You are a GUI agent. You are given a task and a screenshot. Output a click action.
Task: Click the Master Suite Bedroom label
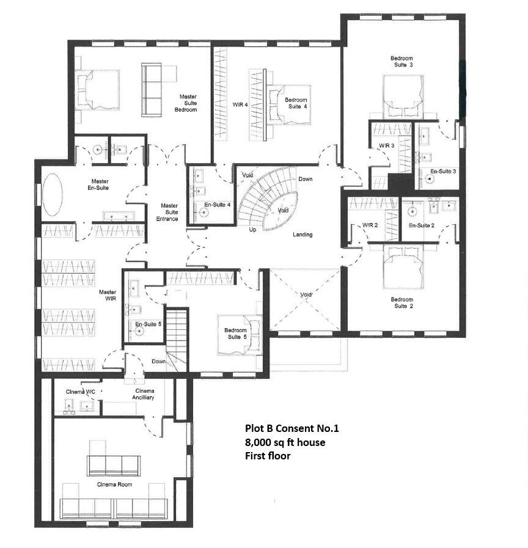(x=187, y=103)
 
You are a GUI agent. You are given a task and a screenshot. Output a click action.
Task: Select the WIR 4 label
(x=240, y=104)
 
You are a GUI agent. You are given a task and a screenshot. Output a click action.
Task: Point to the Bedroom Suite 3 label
(x=402, y=62)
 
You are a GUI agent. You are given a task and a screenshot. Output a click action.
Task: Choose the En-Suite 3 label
(x=443, y=172)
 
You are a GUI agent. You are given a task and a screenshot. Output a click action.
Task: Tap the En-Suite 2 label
(x=421, y=225)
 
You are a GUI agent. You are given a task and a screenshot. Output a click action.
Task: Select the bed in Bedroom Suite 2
(x=403, y=268)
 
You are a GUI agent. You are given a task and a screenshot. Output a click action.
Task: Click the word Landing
(x=302, y=235)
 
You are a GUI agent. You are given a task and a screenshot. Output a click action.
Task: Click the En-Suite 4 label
(x=217, y=205)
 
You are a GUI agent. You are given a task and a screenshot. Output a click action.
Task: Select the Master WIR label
(x=108, y=296)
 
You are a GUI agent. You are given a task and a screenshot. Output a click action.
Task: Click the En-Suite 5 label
(x=148, y=324)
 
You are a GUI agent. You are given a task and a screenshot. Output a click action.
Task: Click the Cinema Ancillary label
(x=145, y=394)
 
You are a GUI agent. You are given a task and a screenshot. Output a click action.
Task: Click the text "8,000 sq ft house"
(x=285, y=442)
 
